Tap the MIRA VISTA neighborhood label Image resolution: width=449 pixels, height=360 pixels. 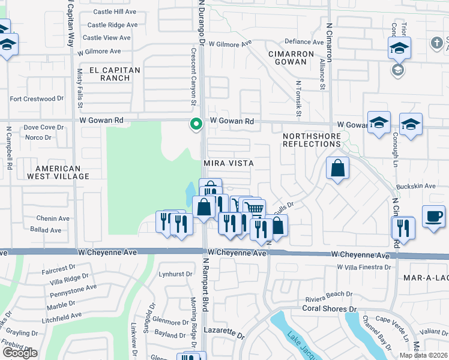point(229,163)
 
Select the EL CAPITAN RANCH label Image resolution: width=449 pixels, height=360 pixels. point(114,74)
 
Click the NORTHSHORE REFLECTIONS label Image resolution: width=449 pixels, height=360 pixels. point(312,140)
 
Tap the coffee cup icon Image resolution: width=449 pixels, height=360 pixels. point(433,216)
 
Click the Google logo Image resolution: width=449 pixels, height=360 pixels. point(20,353)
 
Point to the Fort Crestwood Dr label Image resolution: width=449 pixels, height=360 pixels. point(37,98)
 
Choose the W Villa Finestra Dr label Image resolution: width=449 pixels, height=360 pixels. point(363,267)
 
